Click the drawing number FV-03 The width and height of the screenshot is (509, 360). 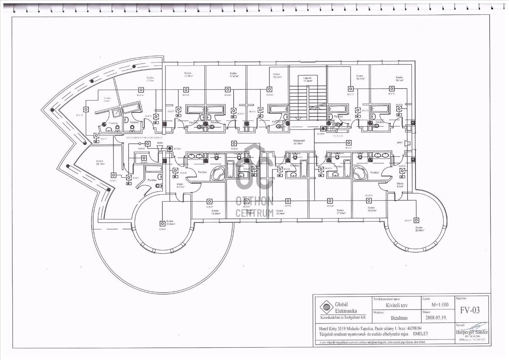pyautogui.click(x=470, y=310)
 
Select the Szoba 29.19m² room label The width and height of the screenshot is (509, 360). pyautogui.click(x=100, y=162)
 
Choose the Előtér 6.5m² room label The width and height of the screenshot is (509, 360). pyautogui.click(x=400, y=185)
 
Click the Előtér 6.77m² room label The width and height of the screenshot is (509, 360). pyautogui.click(x=179, y=185)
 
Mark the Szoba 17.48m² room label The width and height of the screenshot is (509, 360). pyautogui.click(x=189, y=75)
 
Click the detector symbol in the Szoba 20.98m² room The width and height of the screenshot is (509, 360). pyautogui.click(x=416, y=220)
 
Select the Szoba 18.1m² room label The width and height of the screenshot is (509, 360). pyautogui.click(x=399, y=79)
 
